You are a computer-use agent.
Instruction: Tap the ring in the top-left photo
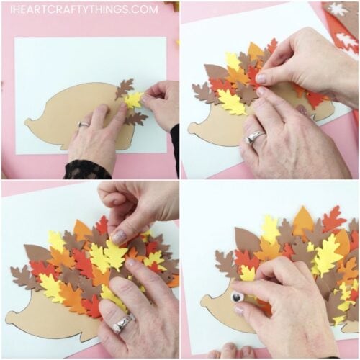(x=84, y=125)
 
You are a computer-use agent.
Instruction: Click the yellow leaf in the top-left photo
(x=133, y=100)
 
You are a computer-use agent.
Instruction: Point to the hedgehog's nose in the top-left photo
(x=27, y=122)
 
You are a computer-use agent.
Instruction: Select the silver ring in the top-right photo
(x=254, y=137)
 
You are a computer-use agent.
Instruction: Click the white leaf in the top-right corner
(x=337, y=10)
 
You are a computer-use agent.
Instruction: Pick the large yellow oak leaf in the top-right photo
(x=232, y=102)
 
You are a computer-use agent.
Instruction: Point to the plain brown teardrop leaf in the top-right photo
(x=215, y=72)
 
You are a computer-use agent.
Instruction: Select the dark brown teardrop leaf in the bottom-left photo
(x=37, y=253)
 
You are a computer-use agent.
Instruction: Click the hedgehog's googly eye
(x=236, y=297)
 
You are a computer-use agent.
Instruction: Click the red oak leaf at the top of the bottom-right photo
(x=333, y=218)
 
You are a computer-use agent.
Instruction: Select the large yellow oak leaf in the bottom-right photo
(x=328, y=254)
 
